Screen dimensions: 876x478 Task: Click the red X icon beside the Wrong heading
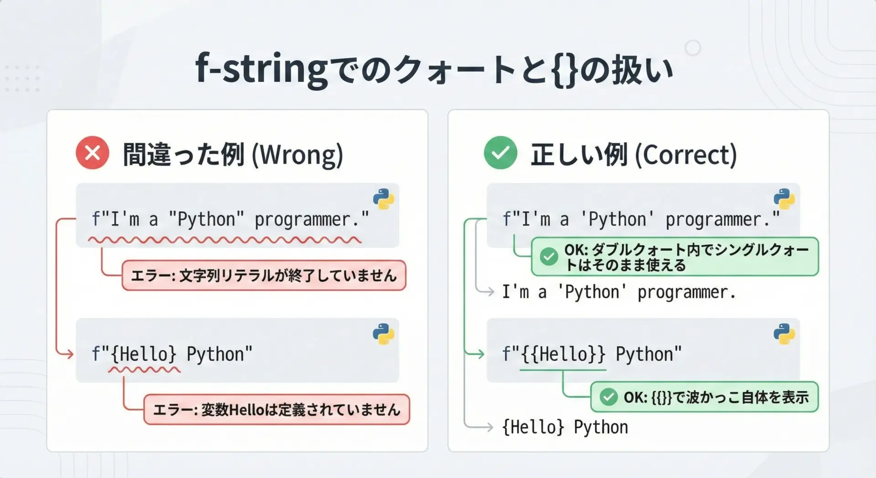click(93, 153)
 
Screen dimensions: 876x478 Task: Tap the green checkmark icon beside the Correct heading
click(501, 153)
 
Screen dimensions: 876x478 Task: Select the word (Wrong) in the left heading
click(297, 155)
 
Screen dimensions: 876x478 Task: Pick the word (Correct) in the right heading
click(686, 155)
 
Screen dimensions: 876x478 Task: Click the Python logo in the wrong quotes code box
click(383, 199)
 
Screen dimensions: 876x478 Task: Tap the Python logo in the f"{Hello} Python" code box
click(383, 334)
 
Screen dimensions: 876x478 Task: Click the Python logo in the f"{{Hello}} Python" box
click(784, 334)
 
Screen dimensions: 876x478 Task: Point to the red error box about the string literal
click(264, 275)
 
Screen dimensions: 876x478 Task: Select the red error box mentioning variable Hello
click(276, 410)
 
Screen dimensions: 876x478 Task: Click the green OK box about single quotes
click(675, 257)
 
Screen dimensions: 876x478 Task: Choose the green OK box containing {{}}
click(704, 397)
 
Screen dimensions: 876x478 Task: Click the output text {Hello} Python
click(565, 427)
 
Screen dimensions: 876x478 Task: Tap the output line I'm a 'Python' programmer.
click(619, 292)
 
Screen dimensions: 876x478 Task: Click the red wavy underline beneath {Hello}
click(144, 369)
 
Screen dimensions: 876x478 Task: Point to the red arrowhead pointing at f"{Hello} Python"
click(70, 354)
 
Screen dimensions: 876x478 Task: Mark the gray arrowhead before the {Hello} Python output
click(489, 427)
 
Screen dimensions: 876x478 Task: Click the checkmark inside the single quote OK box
click(549, 257)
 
